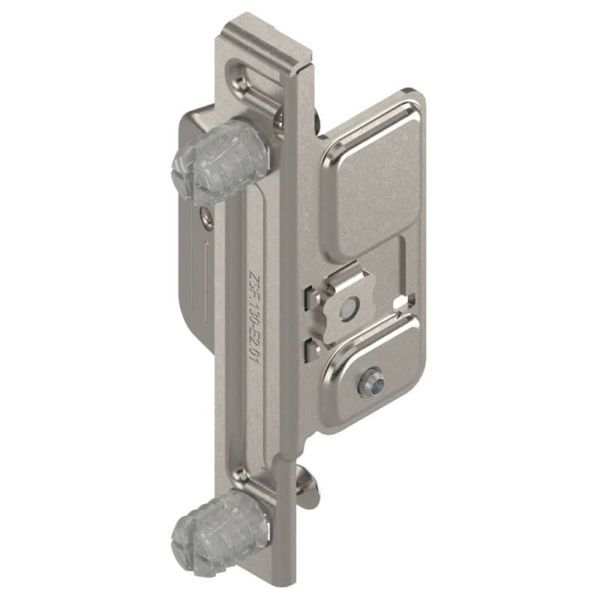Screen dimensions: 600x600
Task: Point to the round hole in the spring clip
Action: click(x=346, y=307)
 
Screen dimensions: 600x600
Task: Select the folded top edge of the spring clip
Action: click(x=345, y=279)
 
